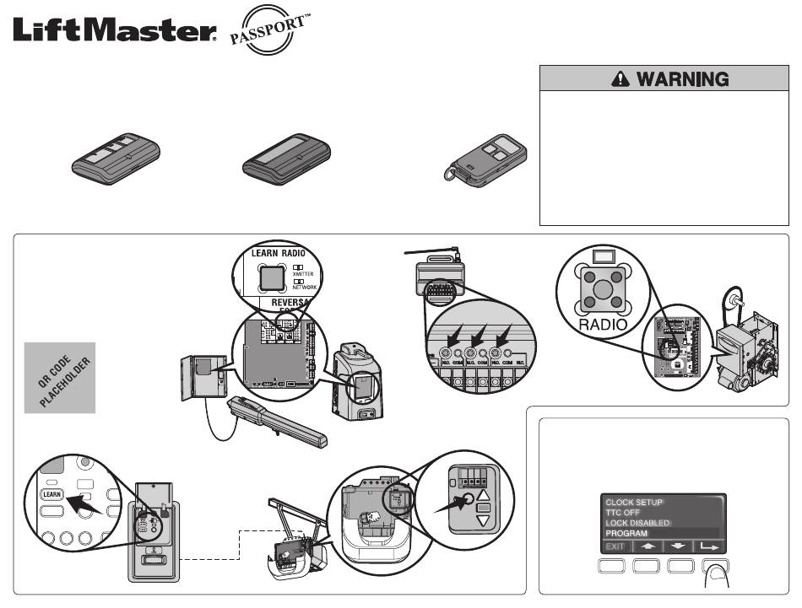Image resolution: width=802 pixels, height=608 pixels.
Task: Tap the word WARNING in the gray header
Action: click(x=682, y=79)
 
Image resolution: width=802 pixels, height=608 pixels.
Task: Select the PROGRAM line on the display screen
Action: click(x=629, y=534)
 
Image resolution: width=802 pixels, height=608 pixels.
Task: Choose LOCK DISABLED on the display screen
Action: click(x=638, y=523)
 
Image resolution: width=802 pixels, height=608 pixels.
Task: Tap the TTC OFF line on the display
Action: click(x=625, y=512)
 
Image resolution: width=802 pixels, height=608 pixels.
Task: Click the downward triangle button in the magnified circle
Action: click(x=484, y=521)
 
